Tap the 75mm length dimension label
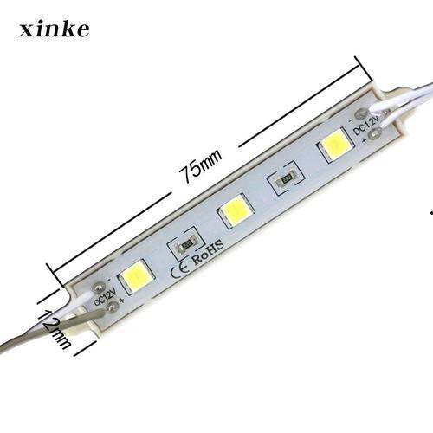coord(200,164)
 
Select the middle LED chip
coord(233,209)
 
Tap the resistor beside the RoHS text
coord(185,243)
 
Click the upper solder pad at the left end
coord(99,283)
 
